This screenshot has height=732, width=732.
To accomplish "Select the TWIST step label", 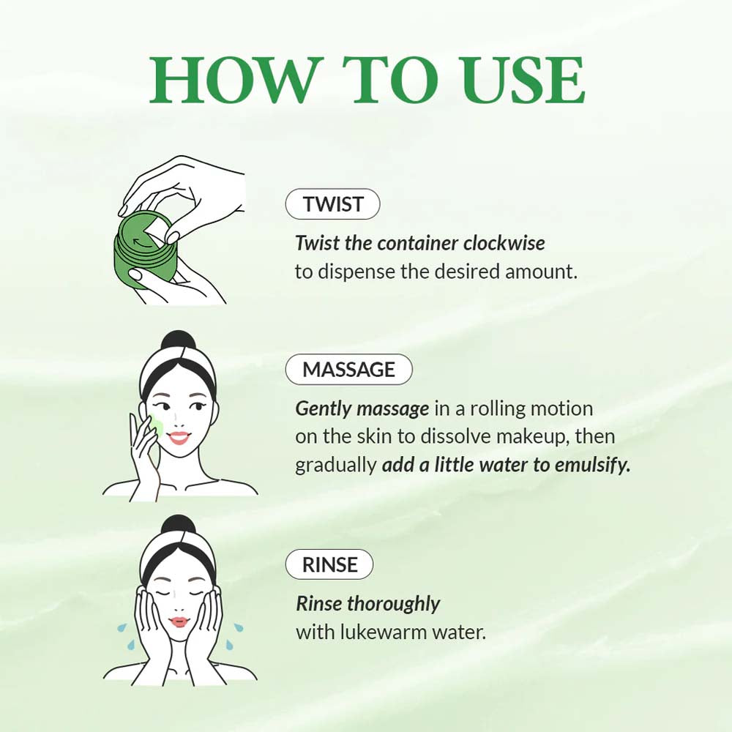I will [x=332, y=205].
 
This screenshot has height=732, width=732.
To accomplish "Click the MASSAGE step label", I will [x=348, y=370].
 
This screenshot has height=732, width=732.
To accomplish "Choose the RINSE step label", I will [x=330, y=565].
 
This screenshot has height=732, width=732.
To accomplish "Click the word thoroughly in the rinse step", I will [x=393, y=604].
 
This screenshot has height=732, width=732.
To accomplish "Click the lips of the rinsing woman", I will [x=179, y=622].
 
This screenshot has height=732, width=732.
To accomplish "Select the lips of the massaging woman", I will [x=180, y=438].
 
